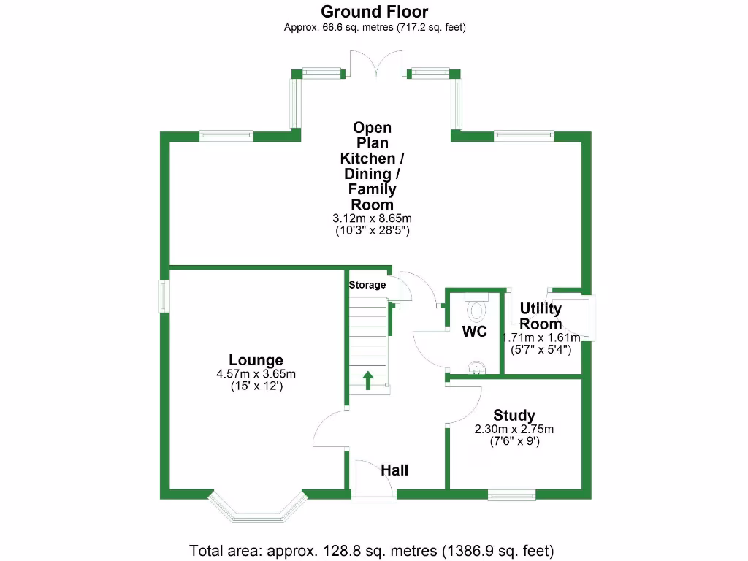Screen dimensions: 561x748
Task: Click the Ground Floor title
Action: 375,12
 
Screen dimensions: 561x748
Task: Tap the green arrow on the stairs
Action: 367,379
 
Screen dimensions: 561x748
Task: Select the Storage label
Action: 367,285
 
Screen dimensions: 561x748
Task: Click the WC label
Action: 474,332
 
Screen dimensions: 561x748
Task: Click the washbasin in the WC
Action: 476,367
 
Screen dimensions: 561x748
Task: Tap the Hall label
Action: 394,470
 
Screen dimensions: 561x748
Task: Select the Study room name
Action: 514,416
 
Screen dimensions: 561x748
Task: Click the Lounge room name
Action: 256,360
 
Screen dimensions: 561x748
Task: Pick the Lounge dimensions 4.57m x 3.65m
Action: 256,374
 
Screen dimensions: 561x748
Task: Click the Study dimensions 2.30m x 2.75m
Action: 514,429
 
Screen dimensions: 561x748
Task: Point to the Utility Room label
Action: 541,316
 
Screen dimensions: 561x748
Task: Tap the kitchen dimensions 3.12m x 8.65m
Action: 373,218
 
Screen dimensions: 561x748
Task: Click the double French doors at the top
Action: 376,64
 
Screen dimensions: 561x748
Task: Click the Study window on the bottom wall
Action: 512,495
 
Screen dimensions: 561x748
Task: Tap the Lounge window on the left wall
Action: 164,295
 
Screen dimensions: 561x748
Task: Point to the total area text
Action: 372,550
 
